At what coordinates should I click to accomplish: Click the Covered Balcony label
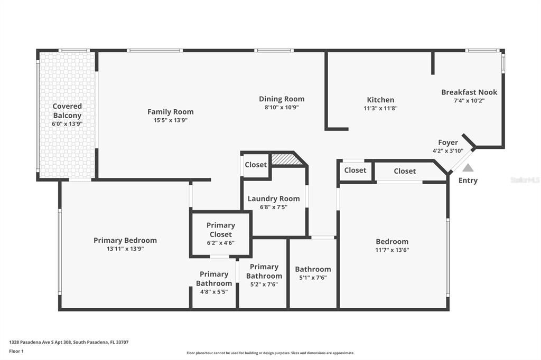[67, 111]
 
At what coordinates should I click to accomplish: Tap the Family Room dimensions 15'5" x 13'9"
[170, 120]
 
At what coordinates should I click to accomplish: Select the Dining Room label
[282, 99]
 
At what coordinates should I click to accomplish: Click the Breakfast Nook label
[469, 92]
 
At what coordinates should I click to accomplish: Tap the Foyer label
[448, 143]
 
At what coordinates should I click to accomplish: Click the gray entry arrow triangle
[468, 168]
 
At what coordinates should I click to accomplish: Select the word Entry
[468, 181]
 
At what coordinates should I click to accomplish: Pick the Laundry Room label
[274, 199]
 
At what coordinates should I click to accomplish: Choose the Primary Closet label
[221, 230]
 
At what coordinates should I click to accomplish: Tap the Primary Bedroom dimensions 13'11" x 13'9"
[125, 249]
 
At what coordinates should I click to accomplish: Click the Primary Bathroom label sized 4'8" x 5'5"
[214, 279]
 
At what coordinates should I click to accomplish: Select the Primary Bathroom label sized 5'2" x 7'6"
[264, 271]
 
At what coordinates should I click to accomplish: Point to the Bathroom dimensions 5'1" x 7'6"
[313, 278]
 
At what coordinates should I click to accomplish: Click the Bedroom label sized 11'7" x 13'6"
[392, 242]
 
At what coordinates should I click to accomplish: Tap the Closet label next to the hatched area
[256, 165]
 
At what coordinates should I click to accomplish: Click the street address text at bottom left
[69, 342]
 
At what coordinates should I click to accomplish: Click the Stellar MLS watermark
[525, 180]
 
